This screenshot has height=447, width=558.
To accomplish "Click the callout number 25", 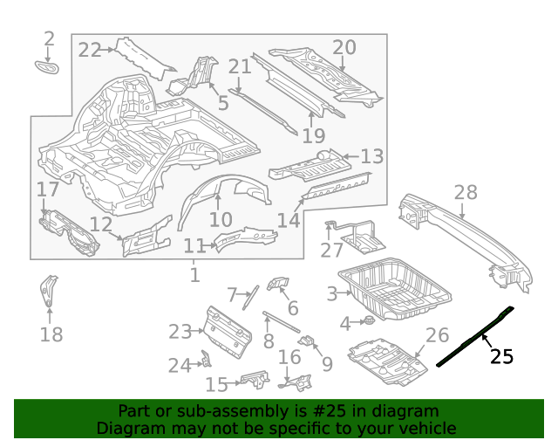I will [x=501, y=356].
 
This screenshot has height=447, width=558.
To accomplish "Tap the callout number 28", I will [x=466, y=193].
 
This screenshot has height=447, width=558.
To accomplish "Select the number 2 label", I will [x=49, y=38].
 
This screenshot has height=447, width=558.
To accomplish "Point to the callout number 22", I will [x=90, y=50].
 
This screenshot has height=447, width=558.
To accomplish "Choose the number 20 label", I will [x=344, y=47].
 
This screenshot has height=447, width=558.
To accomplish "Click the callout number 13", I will [x=371, y=156].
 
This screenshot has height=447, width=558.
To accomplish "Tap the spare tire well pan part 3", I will [x=392, y=288].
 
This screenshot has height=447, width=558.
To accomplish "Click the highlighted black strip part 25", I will [x=475, y=335].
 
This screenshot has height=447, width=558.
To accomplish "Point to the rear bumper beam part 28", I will [x=462, y=231].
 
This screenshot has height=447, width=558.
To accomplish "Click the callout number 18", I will [x=51, y=334].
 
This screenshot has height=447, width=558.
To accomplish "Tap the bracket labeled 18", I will [x=49, y=291].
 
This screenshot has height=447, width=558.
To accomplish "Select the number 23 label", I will [x=180, y=332].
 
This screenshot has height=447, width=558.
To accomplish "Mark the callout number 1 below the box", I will [x=194, y=276].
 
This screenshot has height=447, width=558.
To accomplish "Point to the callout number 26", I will [x=437, y=334].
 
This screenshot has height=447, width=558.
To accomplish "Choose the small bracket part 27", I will [x=357, y=234].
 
